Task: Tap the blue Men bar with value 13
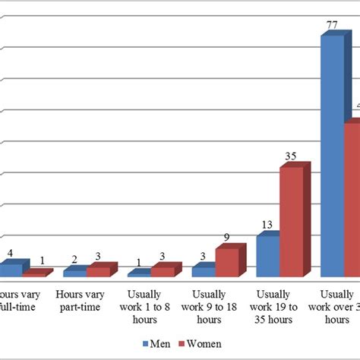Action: [x=267, y=256]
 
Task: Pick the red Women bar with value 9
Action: [x=227, y=262]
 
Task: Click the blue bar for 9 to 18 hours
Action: [x=203, y=271]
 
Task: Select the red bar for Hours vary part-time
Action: [x=98, y=271]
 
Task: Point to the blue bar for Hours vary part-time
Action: [x=74, y=273]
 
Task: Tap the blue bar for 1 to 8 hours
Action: [x=139, y=273]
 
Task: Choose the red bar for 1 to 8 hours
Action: [x=163, y=271]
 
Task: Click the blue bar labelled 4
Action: [x=11, y=269]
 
